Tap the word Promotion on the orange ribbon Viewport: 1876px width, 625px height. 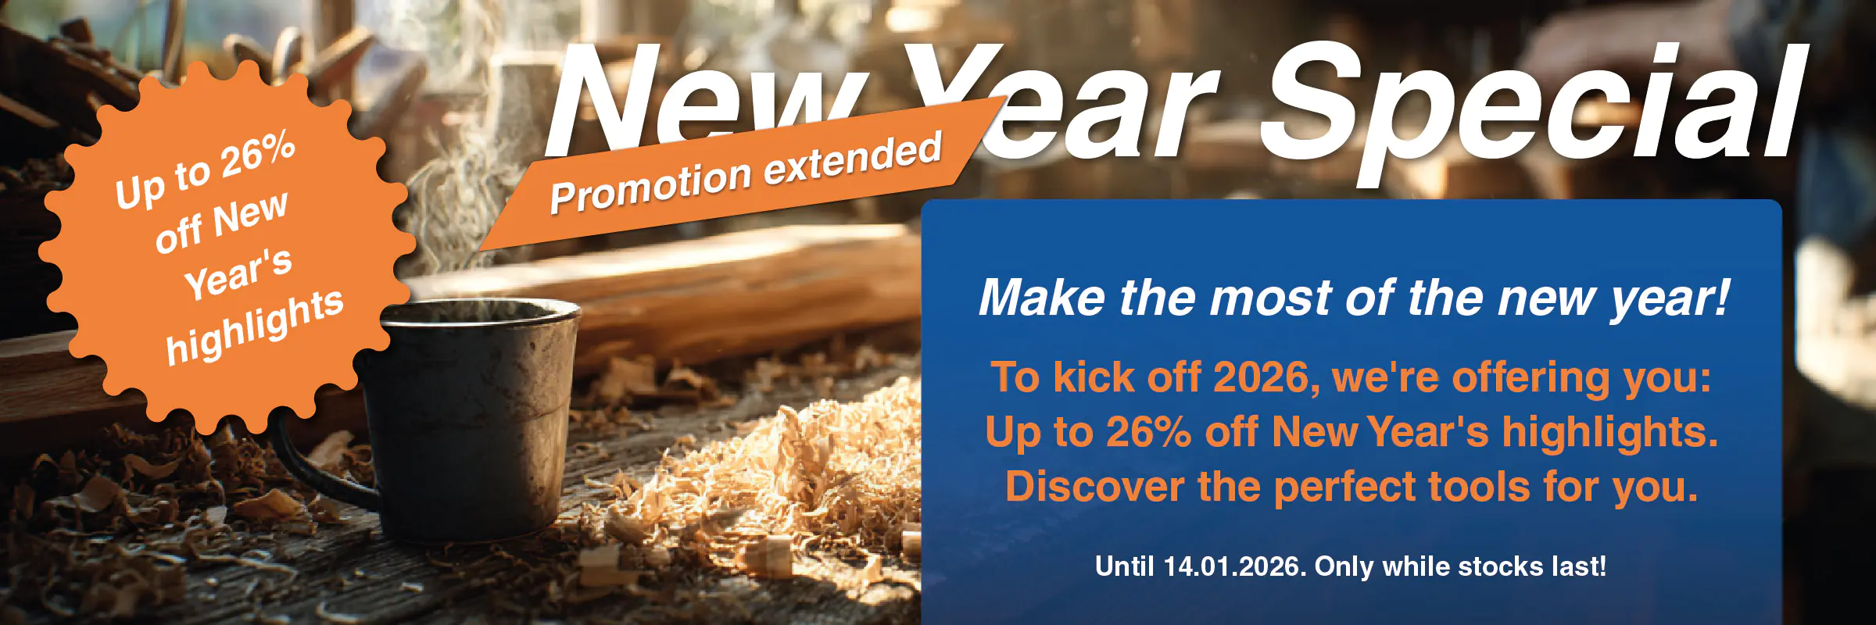[x=650, y=185]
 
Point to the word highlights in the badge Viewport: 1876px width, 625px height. [x=255, y=326]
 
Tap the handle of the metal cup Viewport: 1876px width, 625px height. [x=320, y=461]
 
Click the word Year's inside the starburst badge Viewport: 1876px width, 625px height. [x=239, y=273]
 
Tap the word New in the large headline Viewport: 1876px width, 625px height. [x=703, y=102]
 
